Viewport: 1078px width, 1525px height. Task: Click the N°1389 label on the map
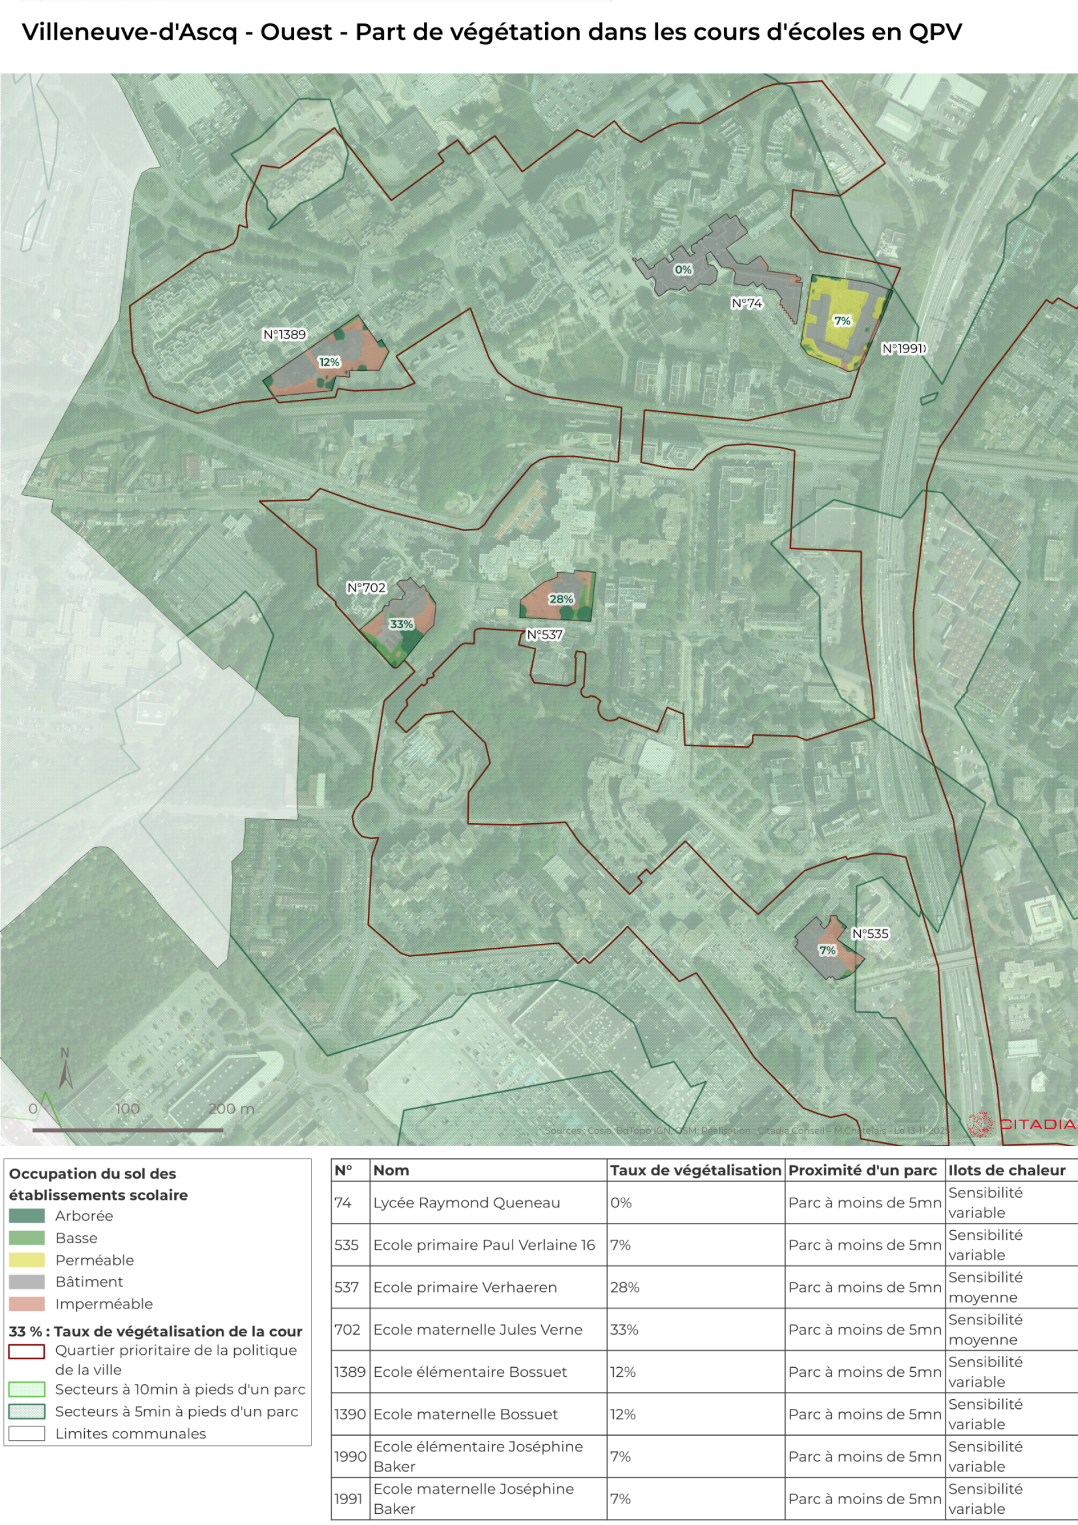coord(284,335)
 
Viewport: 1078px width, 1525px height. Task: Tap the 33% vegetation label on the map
coord(401,624)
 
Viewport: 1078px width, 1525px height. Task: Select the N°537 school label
coord(545,635)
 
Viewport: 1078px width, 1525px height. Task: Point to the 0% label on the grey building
coord(683,270)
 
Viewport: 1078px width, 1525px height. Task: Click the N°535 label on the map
coord(870,934)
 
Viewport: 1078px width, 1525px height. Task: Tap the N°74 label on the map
coord(747,304)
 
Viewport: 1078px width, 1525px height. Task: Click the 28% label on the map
coord(560,599)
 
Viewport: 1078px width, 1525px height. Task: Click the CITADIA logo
coord(1021,1124)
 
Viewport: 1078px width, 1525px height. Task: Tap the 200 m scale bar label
coord(231,1108)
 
